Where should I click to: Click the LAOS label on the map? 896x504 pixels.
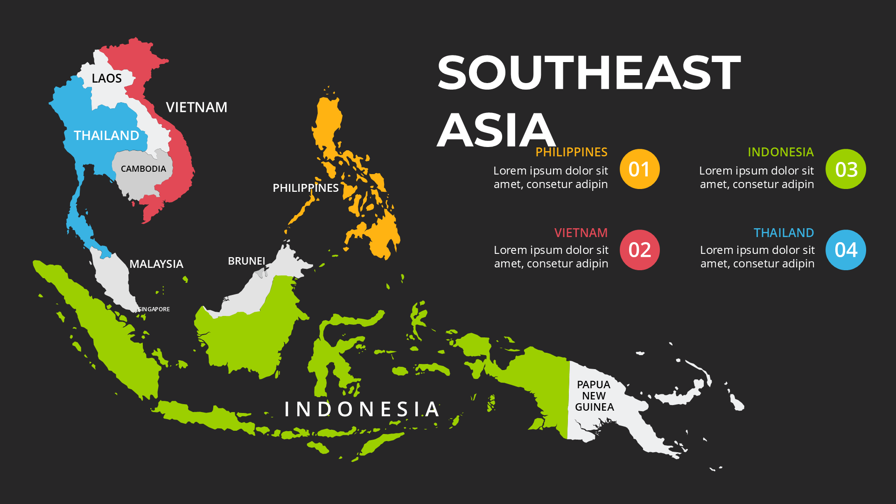[x=106, y=78]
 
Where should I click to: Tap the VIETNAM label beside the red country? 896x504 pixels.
[x=196, y=107]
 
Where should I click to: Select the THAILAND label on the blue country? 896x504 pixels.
[x=106, y=135]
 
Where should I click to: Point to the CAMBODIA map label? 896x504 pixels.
[x=143, y=169]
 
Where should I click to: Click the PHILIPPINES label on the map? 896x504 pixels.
[x=306, y=188]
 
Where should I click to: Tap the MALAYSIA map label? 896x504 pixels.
[x=156, y=264]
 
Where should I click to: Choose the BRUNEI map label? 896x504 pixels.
[x=246, y=261]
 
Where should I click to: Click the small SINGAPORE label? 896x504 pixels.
[x=154, y=309]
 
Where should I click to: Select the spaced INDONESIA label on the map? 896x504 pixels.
[x=362, y=409]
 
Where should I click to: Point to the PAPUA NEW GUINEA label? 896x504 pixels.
[x=594, y=396]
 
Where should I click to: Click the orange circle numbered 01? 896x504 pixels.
[x=639, y=169]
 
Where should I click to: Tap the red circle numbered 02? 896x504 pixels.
[x=639, y=250]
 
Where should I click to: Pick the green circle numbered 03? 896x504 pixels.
[x=846, y=169]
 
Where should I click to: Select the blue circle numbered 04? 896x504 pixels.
[x=846, y=250]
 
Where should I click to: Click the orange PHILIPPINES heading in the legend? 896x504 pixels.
[x=571, y=152]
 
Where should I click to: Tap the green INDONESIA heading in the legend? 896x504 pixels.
[x=780, y=152]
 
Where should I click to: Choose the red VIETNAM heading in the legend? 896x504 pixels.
[x=581, y=232]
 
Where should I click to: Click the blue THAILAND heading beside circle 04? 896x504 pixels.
[x=784, y=232]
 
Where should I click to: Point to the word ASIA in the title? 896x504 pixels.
[x=496, y=130]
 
